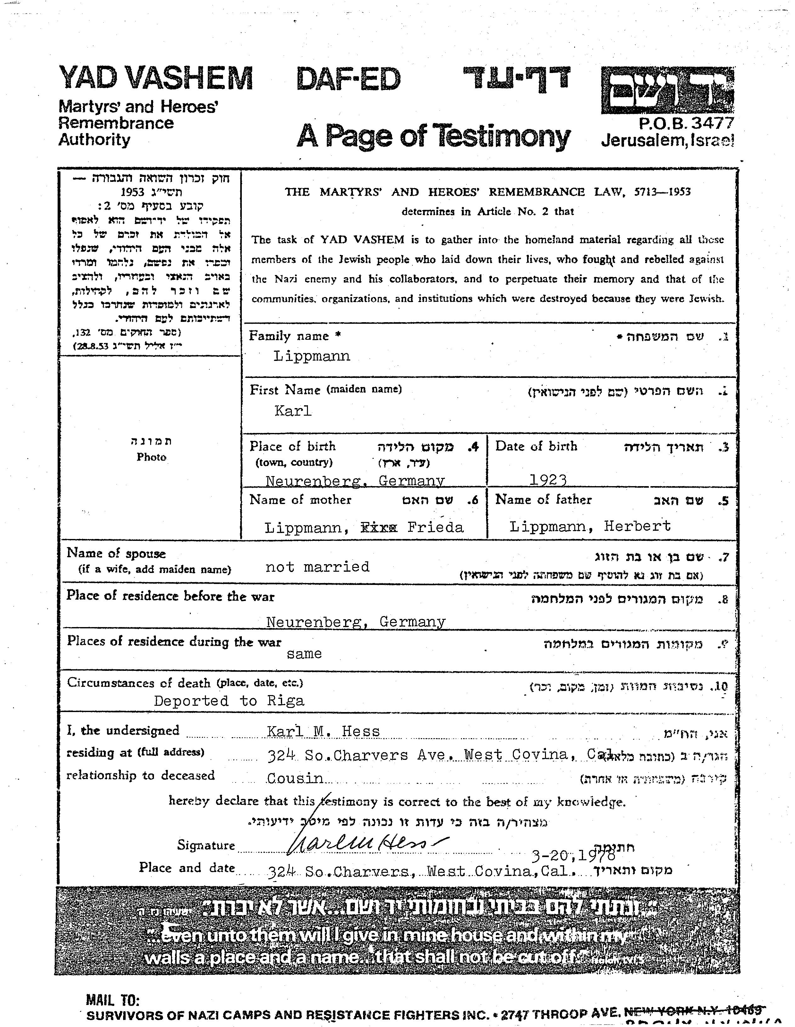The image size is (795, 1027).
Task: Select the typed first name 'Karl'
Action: (293, 411)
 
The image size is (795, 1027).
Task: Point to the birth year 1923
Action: (548, 479)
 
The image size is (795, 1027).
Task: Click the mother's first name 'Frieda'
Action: (436, 527)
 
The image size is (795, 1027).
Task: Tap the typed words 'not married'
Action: (318, 567)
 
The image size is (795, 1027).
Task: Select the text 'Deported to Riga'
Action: (229, 701)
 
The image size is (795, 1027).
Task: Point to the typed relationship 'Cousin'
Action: (295, 778)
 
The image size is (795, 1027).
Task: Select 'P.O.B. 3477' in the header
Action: (686, 123)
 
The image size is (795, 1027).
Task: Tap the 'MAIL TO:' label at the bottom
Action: (113, 1000)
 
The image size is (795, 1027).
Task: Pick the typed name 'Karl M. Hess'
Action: (323, 731)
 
